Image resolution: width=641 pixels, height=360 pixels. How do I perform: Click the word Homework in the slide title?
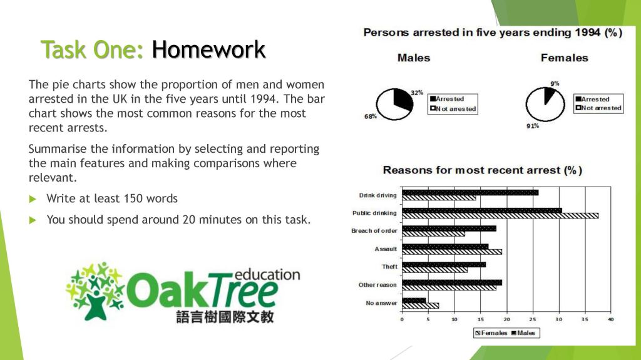coord(208,49)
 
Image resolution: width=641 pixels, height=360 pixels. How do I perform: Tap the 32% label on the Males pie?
coord(417,93)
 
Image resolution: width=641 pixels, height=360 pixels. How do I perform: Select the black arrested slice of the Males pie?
coord(403,100)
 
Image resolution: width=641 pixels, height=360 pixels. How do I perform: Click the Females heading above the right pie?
coord(564,58)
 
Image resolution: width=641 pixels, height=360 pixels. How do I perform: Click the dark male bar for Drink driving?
coord(469,192)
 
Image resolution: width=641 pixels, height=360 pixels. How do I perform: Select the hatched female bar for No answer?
coord(420,306)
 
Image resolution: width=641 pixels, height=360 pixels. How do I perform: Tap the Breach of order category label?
coord(374,231)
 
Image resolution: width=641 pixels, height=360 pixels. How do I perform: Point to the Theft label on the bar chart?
coord(389,267)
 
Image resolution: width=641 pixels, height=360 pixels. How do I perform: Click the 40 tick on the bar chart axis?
coord(610,320)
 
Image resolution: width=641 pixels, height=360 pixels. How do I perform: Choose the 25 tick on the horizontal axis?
coord(533,320)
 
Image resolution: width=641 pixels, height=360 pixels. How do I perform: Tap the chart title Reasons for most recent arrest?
coord(482,170)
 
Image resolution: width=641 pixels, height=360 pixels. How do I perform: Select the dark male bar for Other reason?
coord(451,282)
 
